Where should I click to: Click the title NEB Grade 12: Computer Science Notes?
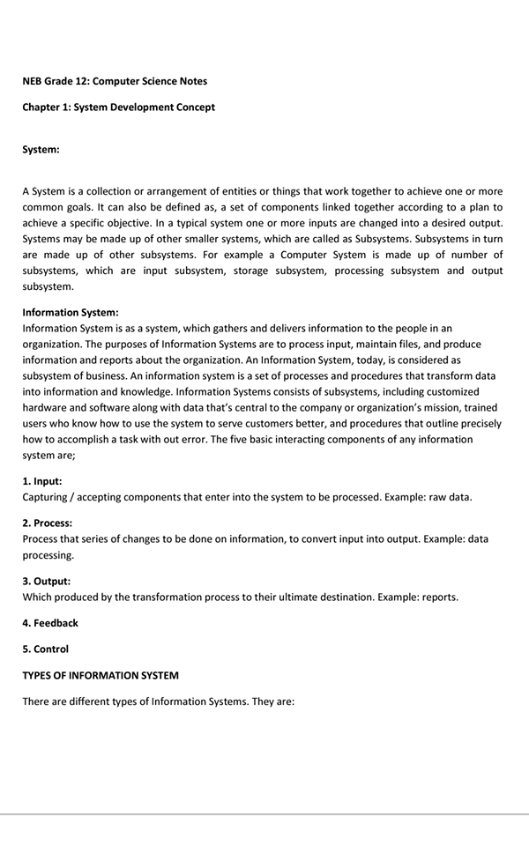click(x=115, y=81)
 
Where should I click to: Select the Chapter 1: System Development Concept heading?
click(x=118, y=108)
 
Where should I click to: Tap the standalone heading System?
click(x=41, y=150)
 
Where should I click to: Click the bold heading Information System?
click(x=71, y=312)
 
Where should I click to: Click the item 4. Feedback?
click(x=50, y=623)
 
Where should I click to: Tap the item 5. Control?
click(x=45, y=649)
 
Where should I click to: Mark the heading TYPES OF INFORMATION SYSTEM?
click(x=101, y=676)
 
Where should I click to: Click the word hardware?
click(x=46, y=407)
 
